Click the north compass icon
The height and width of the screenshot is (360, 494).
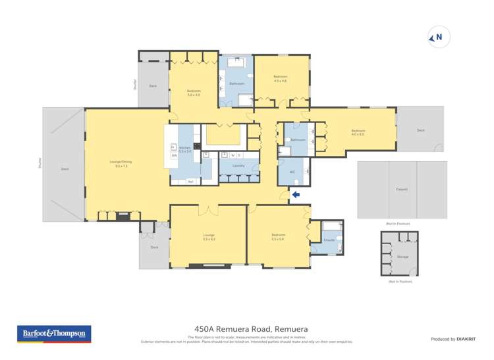click(x=439, y=38)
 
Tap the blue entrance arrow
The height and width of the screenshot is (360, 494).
click(x=296, y=194)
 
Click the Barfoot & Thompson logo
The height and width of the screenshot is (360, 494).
click(x=54, y=334)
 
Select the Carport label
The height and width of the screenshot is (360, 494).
click(x=402, y=190)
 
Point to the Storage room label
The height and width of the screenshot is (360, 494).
click(x=403, y=257)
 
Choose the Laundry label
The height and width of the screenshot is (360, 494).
click(x=238, y=166)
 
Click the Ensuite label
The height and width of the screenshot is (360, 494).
click(x=329, y=241)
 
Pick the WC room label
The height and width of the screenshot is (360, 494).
click(x=292, y=172)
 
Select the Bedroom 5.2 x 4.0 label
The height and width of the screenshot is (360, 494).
click(x=194, y=93)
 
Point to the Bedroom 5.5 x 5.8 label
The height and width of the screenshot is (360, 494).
click(x=278, y=236)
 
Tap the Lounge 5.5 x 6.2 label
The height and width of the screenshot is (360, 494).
click(x=209, y=236)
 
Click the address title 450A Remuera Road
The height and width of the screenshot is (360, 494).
click(x=251, y=329)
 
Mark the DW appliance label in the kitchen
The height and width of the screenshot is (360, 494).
click(x=174, y=155)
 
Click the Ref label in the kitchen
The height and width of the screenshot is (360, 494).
click(x=190, y=182)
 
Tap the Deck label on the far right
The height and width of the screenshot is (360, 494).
click(x=421, y=130)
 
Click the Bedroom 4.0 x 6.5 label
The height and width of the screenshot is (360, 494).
click(x=358, y=132)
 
